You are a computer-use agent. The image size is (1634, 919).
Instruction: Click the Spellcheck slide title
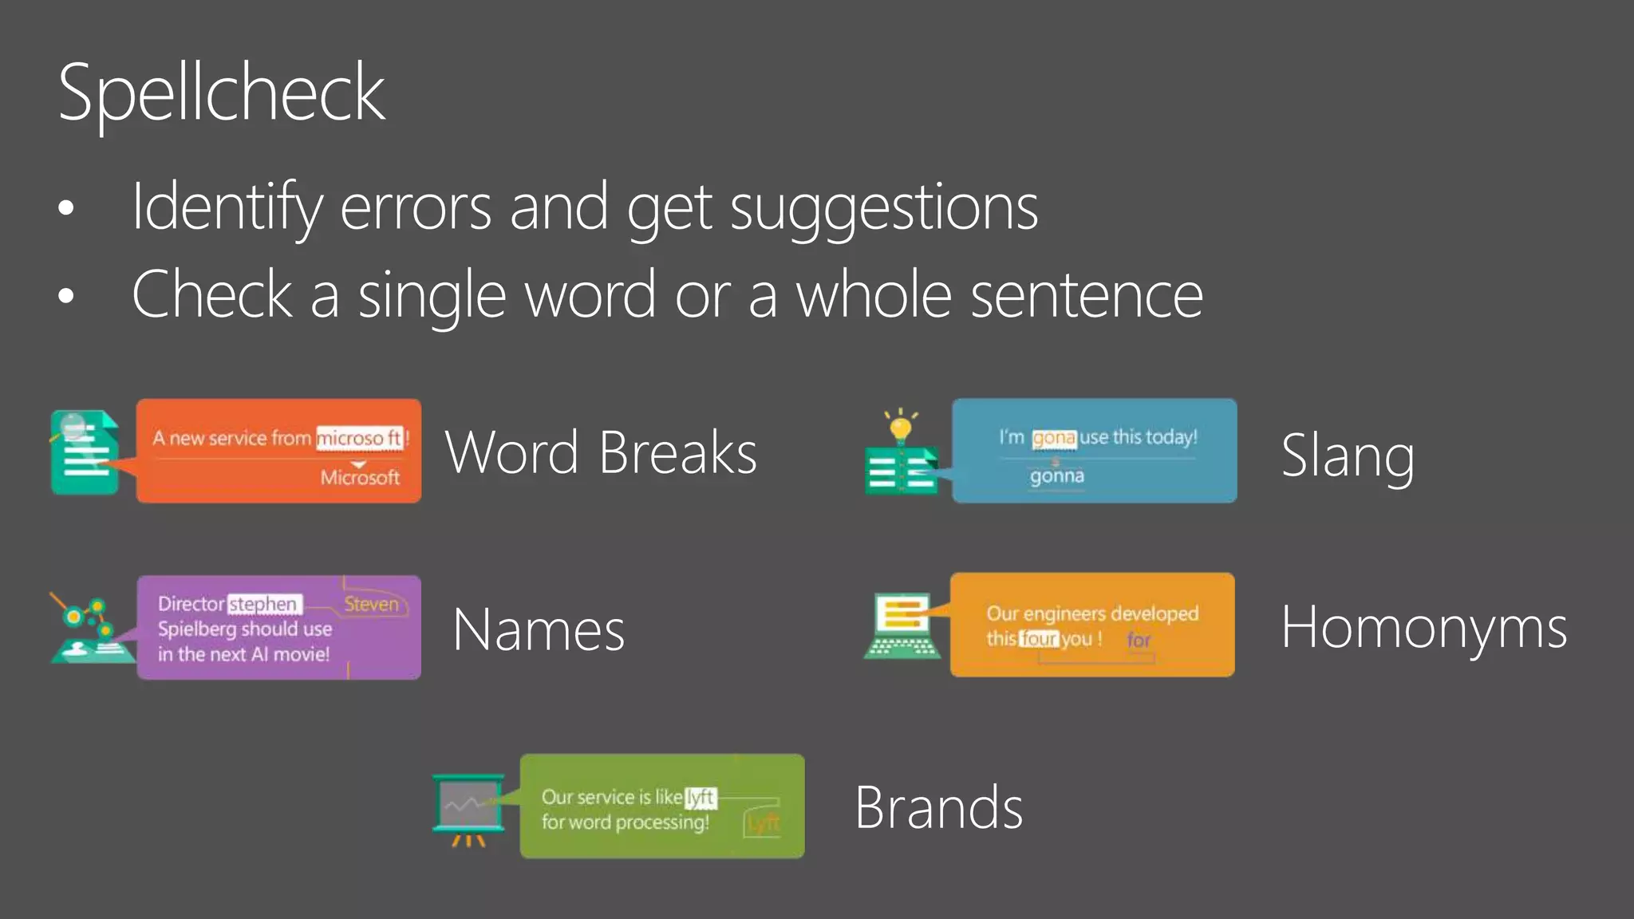pos(222,94)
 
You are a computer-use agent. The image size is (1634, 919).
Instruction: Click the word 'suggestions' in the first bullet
pos(884,207)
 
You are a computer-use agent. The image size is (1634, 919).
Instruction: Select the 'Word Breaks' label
pos(601,452)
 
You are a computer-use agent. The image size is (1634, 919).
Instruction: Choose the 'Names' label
pos(539,630)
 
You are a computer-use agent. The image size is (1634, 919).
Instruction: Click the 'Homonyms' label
pos(1424,628)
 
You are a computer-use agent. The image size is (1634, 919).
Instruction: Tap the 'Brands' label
pos(938,807)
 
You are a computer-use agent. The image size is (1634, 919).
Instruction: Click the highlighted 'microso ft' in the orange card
pos(359,438)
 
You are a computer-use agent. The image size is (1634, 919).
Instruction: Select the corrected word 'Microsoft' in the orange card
pos(360,478)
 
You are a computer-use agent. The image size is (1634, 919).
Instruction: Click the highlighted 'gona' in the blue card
pos(1054,438)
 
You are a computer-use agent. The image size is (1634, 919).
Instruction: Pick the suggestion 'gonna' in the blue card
pos(1057,476)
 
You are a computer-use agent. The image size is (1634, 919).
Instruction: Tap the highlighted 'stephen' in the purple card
pos(263,605)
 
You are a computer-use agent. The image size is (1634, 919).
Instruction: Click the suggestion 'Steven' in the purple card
pos(371,605)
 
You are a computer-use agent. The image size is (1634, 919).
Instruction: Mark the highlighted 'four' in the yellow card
pos(1039,639)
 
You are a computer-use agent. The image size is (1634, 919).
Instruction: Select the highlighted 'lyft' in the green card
pos(701,797)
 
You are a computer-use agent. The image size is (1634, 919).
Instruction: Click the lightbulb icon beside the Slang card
pos(901,428)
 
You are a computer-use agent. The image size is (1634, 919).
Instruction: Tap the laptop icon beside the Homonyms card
pos(903,626)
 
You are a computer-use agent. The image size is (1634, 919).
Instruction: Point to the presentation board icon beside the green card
pos(468,808)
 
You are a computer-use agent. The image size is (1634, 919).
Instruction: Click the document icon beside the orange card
pos(85,452)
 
